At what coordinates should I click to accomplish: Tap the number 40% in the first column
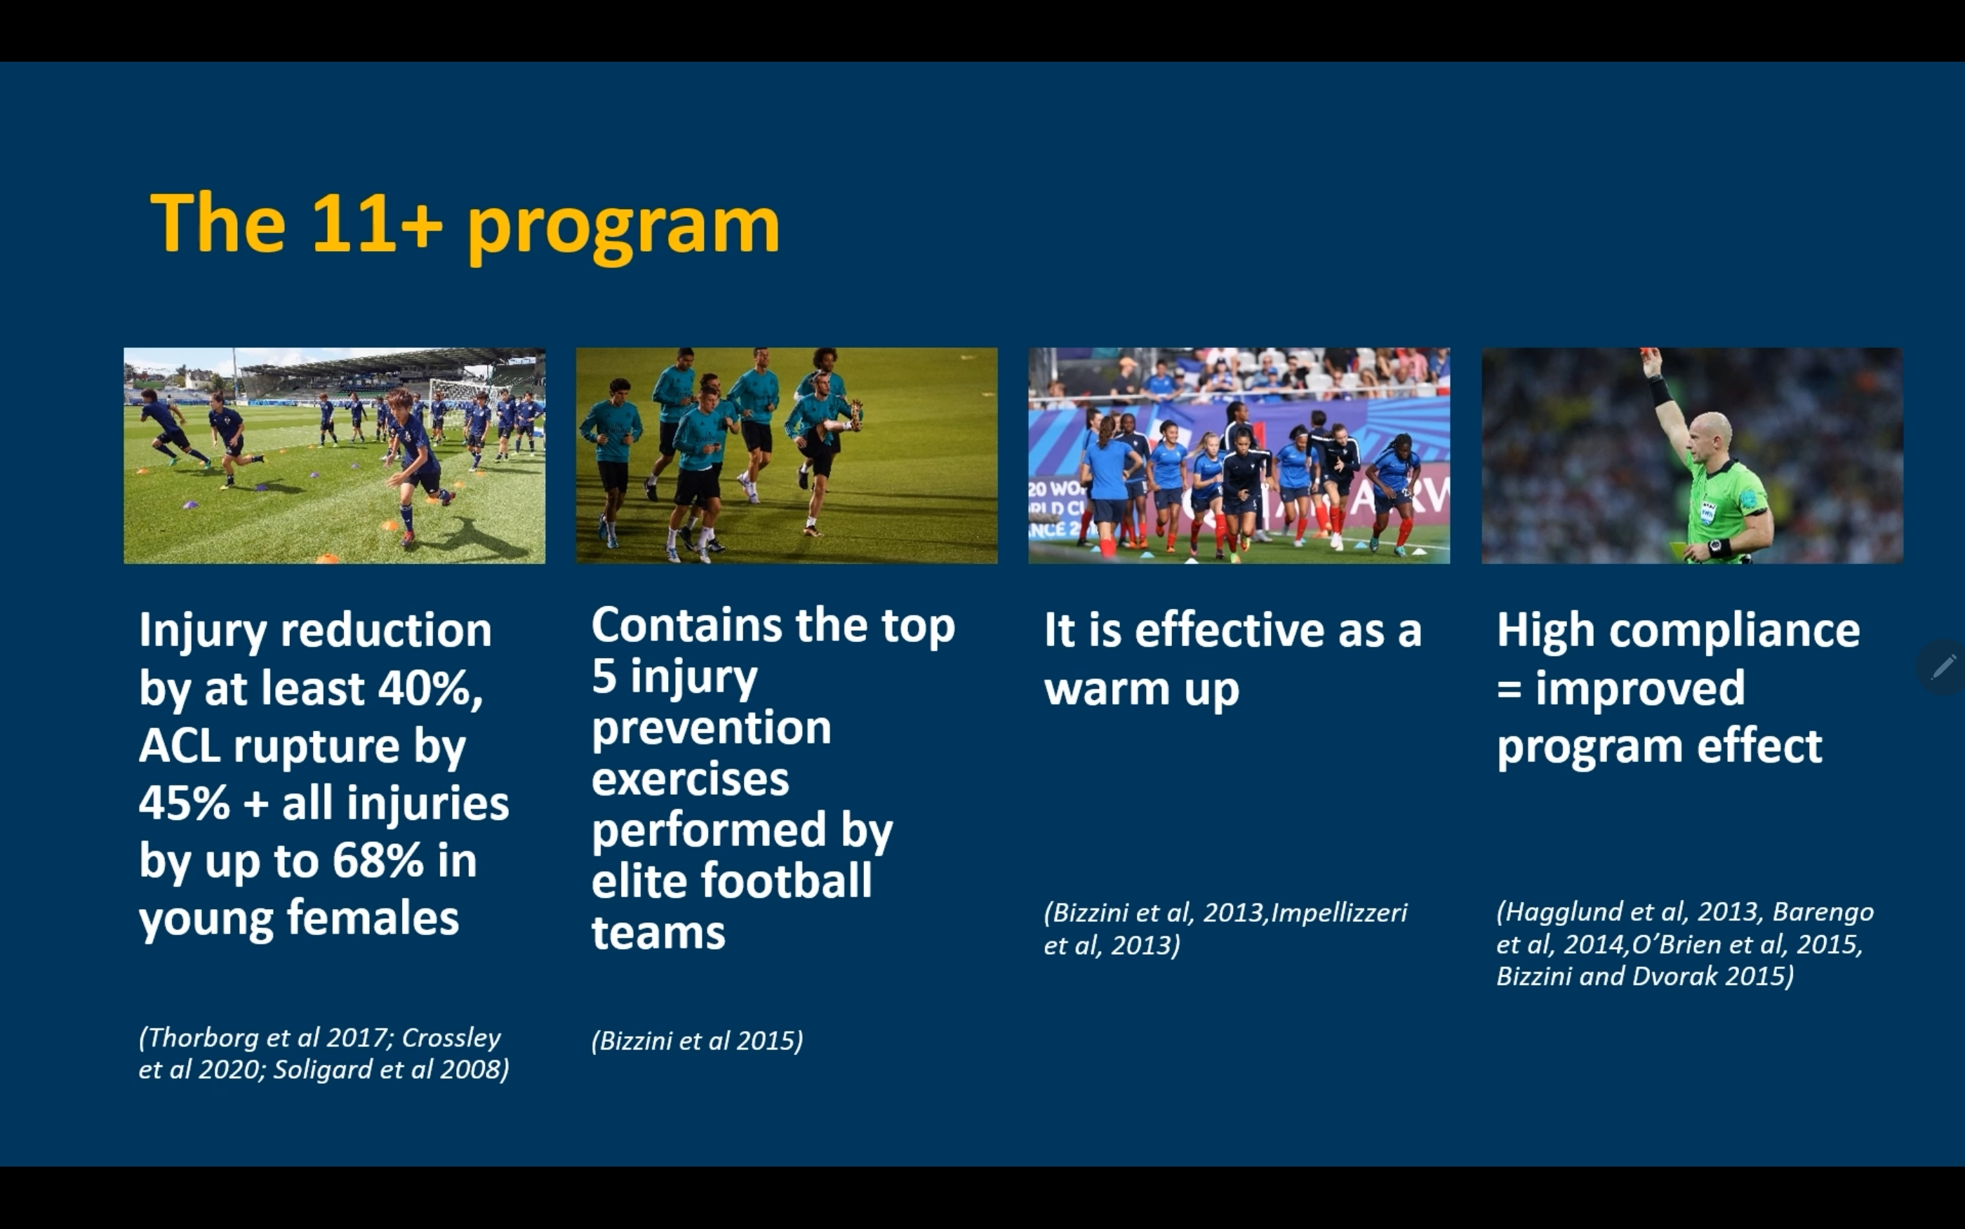point(431,688)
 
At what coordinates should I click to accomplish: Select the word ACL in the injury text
point(179,746)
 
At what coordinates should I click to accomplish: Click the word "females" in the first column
point(373,918)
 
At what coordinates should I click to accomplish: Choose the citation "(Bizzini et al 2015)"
point(698,1041)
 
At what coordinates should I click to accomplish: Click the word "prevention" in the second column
point(712,727)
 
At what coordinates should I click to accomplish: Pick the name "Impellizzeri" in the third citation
point(1339,913)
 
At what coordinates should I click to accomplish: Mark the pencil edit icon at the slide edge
point(1943,667)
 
